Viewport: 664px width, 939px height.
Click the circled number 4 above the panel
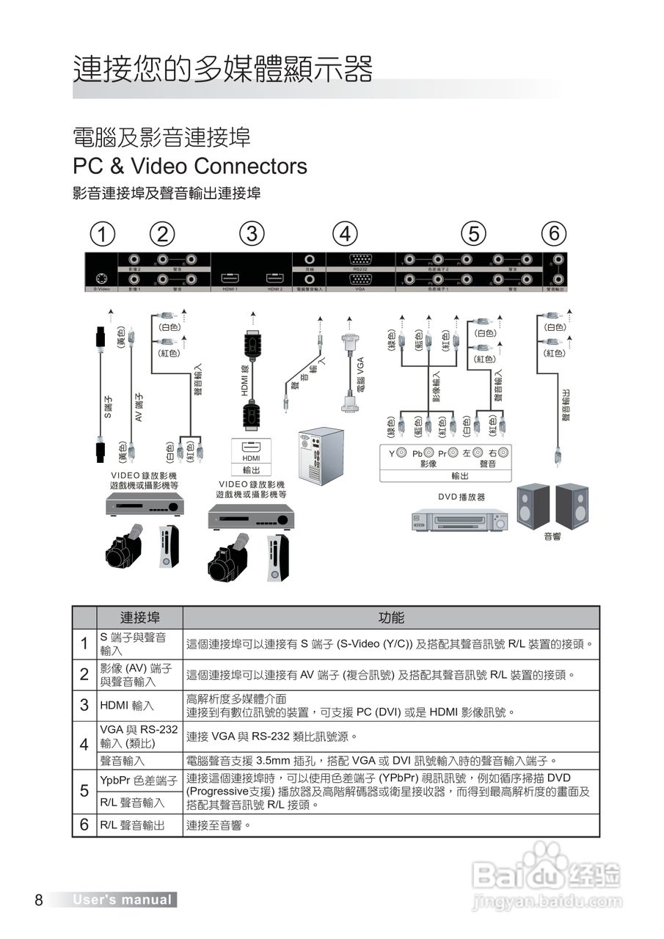click(345, 234)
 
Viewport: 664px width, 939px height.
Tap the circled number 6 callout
click(555, 234)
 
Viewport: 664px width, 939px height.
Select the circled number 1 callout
click(103, 234)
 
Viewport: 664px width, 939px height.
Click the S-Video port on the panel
click(101, 279)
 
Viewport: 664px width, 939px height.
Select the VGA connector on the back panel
click(360, 279)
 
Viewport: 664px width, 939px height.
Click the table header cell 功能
click(391, 618)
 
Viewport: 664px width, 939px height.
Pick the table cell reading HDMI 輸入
click(127, 706)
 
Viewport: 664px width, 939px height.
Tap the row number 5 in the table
click(84, 791)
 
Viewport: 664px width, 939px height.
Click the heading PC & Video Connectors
click(189, 166)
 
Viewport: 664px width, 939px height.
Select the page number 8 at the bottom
click(39, 900)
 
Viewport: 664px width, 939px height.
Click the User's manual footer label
click(122, 900)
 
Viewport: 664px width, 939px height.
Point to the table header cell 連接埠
click(139, 618)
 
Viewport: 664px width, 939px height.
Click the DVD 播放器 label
click(461, 497)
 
